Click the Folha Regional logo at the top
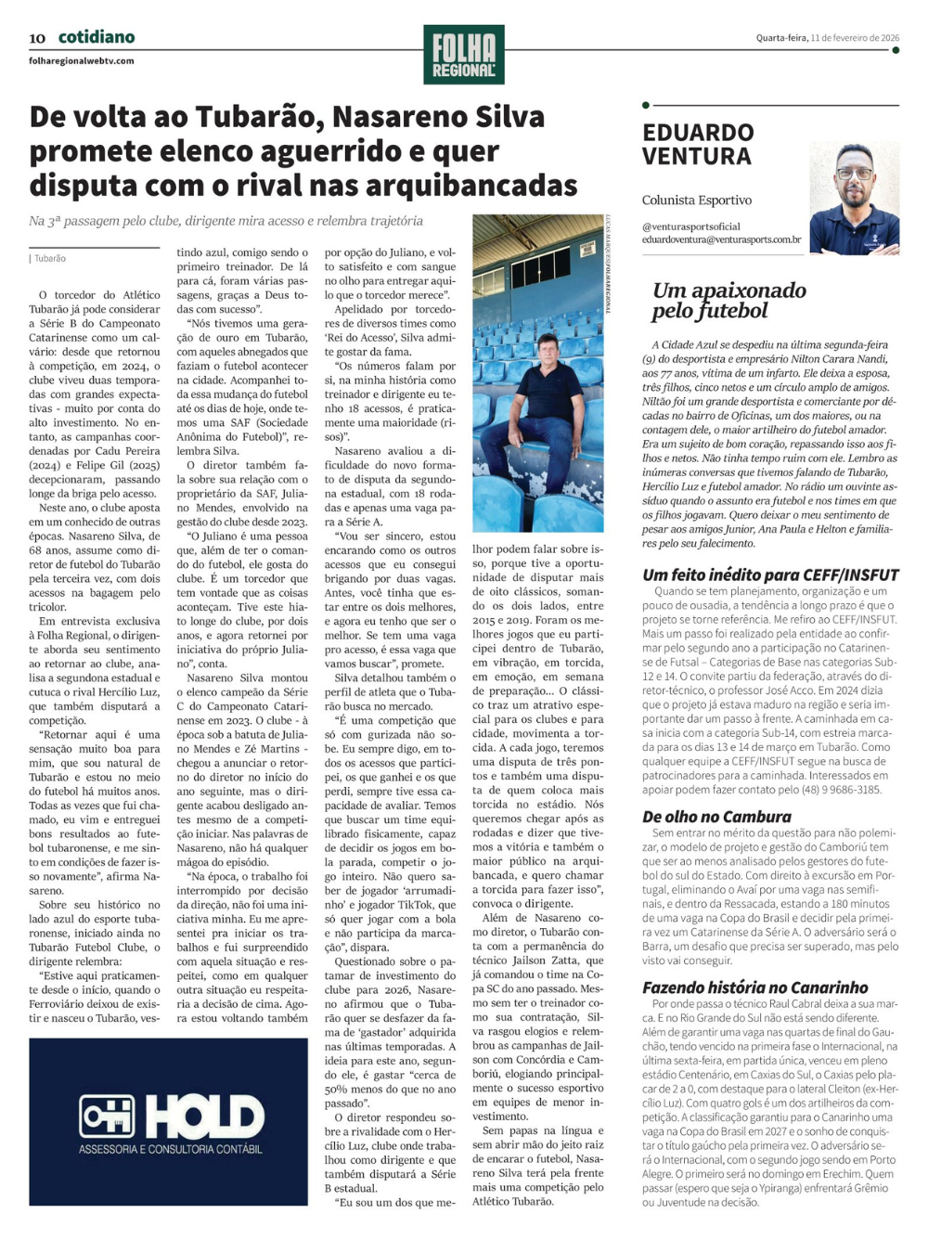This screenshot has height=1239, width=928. [x=464, y=54]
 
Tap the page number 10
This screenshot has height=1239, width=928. [x=37, y=38]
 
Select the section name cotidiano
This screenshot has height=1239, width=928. [x=97, y=37]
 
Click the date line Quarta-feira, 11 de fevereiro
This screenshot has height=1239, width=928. [x=827, y=38]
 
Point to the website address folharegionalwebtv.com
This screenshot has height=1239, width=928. [x=82, y=61]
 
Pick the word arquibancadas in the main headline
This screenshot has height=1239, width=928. [x=442, y=186]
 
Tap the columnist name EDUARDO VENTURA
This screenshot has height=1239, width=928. [x=698, y=144]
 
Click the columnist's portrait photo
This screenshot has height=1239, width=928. [x=854, y=199]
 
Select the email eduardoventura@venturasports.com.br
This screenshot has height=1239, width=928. [x=721, y=239]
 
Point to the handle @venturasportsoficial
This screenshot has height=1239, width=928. [x=691, y=226]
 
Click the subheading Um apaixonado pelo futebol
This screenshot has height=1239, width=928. [x=728, y=300]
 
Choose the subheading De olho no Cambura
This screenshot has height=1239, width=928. [x=716, y=817]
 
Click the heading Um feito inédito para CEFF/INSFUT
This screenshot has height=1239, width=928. [x=770, y=574]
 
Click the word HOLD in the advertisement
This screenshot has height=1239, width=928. [x=204, y=1116]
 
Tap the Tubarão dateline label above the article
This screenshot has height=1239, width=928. [x=50, y=259]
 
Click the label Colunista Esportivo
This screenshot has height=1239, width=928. [x=697, y=200]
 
